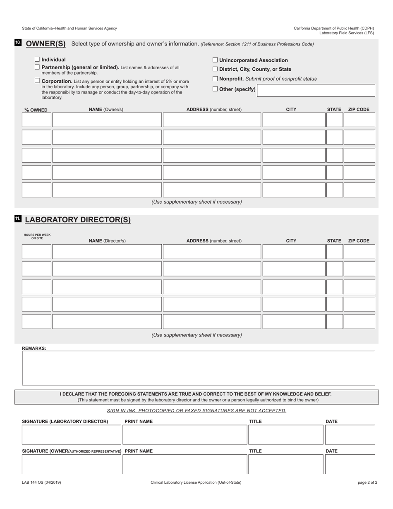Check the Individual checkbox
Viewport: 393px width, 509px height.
37,60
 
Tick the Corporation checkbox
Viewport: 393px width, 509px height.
37,81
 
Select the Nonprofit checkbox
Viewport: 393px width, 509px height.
215,79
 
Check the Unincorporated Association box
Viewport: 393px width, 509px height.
215,60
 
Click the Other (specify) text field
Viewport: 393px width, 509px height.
316,91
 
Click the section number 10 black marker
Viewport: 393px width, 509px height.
18,43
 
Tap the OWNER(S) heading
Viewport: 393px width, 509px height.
46,44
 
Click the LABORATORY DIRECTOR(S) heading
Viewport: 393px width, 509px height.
78,220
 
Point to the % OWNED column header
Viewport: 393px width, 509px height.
36,110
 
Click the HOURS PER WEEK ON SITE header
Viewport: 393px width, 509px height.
37,236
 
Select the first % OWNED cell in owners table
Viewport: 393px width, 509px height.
36,120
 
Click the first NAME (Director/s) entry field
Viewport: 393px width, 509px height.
107,252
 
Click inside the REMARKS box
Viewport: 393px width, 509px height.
198,368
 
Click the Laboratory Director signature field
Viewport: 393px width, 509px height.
71,435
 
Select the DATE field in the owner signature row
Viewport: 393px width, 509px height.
350,464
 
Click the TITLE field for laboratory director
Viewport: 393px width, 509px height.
285,435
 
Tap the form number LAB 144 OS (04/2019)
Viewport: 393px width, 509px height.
41,483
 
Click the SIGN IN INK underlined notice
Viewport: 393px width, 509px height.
196,411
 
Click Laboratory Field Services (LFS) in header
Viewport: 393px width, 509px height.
346,33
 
